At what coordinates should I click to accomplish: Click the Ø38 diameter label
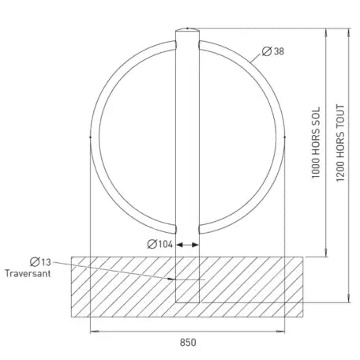(273, 51)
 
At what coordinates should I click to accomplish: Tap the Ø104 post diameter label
(159, 244)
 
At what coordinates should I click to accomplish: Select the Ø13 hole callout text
(40, 262)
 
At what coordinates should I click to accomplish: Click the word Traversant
(28, 273)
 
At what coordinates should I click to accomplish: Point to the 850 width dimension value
(188, 343)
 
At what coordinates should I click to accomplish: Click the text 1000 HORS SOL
(316, 142)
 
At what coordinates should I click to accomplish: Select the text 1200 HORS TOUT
(340, 143)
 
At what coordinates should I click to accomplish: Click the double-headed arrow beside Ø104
(187, 245)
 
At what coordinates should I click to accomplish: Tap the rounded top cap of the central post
(187, 29)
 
